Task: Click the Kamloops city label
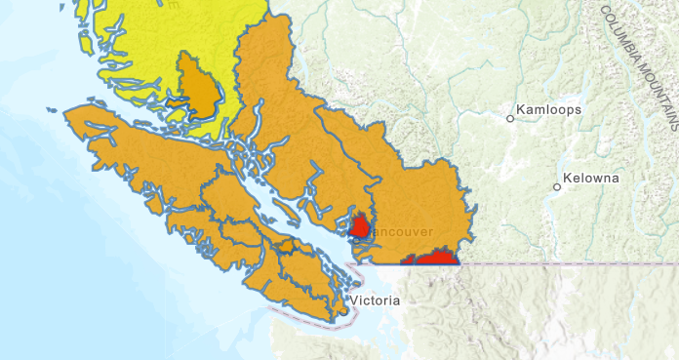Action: pyautogui.click(x=549, y=110)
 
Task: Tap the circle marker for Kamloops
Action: pyautogui.click(x=509, y=119)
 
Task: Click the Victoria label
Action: pyautogui.click(x=376, y=300)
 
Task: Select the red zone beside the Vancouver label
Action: pyautogui.click(x=359, y=226)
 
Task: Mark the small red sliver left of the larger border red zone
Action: pyautogui.click(x=409, y=261)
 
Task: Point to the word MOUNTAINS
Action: pyautogui.click(x=662, y=89)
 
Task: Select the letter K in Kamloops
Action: pyautogui.click(x=521, y=110)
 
